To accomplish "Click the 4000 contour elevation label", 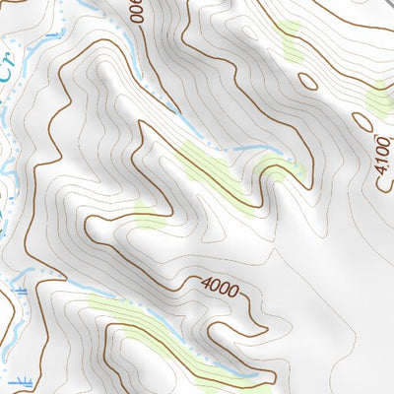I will coord(219,287).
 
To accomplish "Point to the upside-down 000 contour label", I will coord(135,12).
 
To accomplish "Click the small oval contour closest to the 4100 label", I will coord(361,121).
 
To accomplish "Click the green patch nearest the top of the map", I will coord(289,35).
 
